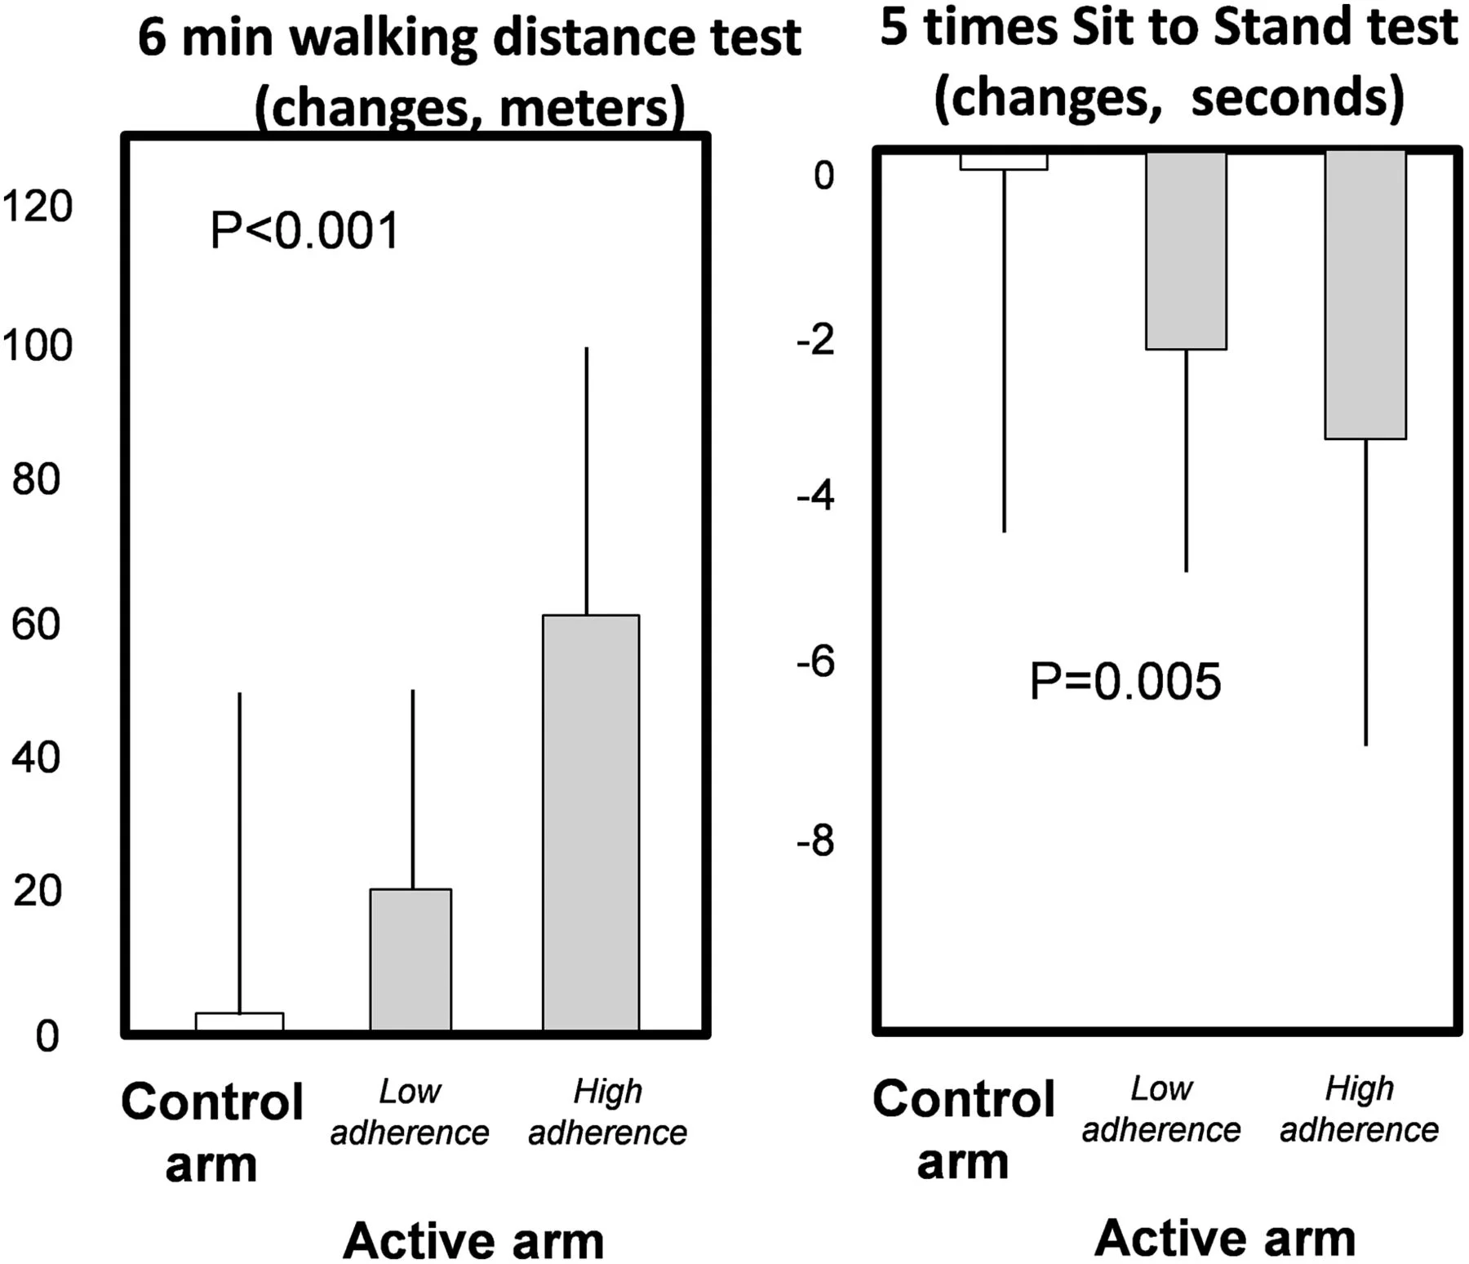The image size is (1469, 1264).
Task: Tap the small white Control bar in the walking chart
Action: (x=240, y=1021)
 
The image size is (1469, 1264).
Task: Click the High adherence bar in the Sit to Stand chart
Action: (x=1365, y=296)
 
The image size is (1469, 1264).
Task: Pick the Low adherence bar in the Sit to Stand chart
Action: (x=1186, y=251)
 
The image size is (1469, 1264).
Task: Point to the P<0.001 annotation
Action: (x=304, y=230)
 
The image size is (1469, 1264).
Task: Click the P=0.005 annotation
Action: (x=1125, y=681)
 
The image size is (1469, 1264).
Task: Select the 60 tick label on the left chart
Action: (x=37, y=625)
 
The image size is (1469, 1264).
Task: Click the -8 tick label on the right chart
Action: (x=815, y=840)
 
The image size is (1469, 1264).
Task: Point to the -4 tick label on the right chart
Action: (x=815, y=496)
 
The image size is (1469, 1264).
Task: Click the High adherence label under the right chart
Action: (x=1359, y=1109)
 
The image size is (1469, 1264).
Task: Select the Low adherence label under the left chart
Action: (x=410, y=1112)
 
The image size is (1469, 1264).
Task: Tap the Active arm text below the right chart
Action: (x=1224, y=1238)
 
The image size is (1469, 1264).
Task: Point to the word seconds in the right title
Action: (x=1297, y=97)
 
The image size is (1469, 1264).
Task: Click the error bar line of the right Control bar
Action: (x=1004, y=351)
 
